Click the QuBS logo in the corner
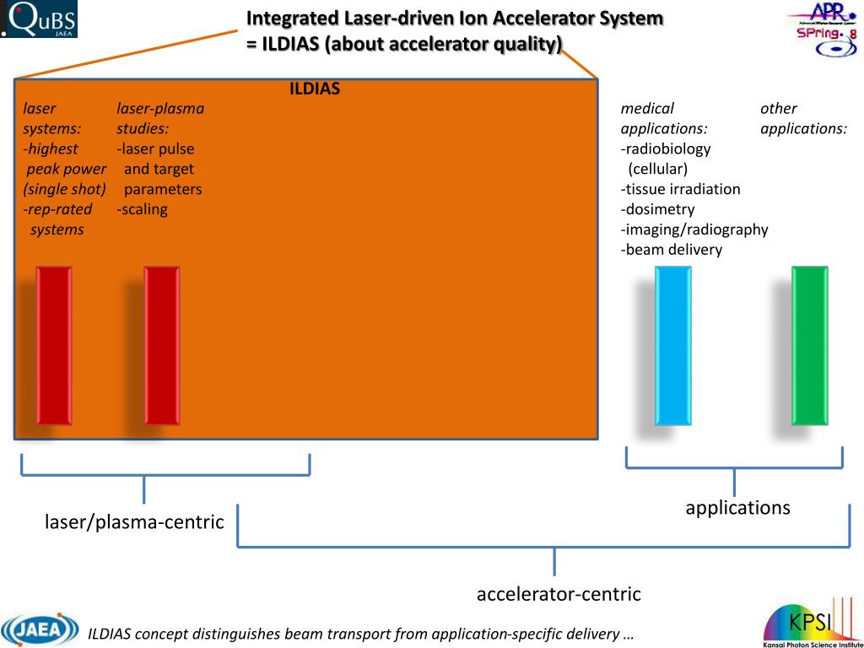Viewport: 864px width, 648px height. coord(39,19)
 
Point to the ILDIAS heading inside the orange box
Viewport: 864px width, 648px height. coord(315,89)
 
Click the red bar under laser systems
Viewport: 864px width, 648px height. coord(53,345)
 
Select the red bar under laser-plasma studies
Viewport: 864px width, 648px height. coord(162,345)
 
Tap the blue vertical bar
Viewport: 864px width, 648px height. coord(672,345)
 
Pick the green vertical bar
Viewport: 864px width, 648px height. coord(810,345)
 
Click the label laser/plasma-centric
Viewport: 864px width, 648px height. coord(134,522)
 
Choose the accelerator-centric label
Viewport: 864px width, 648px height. coord(559,594)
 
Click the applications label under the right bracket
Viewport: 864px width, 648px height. coord(737,508)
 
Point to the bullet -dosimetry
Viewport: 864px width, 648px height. coord(658,209)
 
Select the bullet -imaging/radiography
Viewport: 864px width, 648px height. coord(694,229)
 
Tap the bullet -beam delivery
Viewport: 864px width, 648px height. coord(672,250)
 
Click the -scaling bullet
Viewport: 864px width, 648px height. coord(143,209)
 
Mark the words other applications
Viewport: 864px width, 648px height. coord(803,118)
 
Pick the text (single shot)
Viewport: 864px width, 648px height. coord(65,189)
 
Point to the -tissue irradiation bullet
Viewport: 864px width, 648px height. coord(681,189)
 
